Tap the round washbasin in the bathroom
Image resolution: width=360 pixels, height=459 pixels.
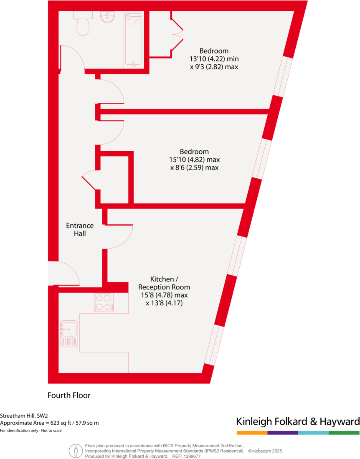[x=108, y=17]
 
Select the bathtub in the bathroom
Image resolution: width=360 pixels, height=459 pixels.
[x=134, y=39]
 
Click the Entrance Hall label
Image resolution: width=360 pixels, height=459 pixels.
[x=80, y=230]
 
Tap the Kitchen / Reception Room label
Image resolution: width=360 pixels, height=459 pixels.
[x=164, y=283]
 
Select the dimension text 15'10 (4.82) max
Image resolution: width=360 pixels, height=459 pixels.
[x=195, y=160]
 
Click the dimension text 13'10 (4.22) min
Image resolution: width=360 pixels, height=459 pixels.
[x=213, y=59]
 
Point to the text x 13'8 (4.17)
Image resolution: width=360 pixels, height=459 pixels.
[x=164, y=303]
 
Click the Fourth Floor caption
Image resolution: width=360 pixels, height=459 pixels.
[x=69, y=395]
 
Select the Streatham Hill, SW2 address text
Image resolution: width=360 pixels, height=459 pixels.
[x=24, y=416]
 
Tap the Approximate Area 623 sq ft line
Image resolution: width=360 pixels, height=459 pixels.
[x=49, y=423]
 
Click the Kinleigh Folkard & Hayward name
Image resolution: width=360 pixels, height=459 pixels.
[x=298, y=421]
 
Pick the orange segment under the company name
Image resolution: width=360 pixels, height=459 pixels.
[x=252, y=433]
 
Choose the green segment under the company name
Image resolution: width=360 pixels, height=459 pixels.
[x=344, y=433]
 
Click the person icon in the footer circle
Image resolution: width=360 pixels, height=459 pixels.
[x=76, y=451]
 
